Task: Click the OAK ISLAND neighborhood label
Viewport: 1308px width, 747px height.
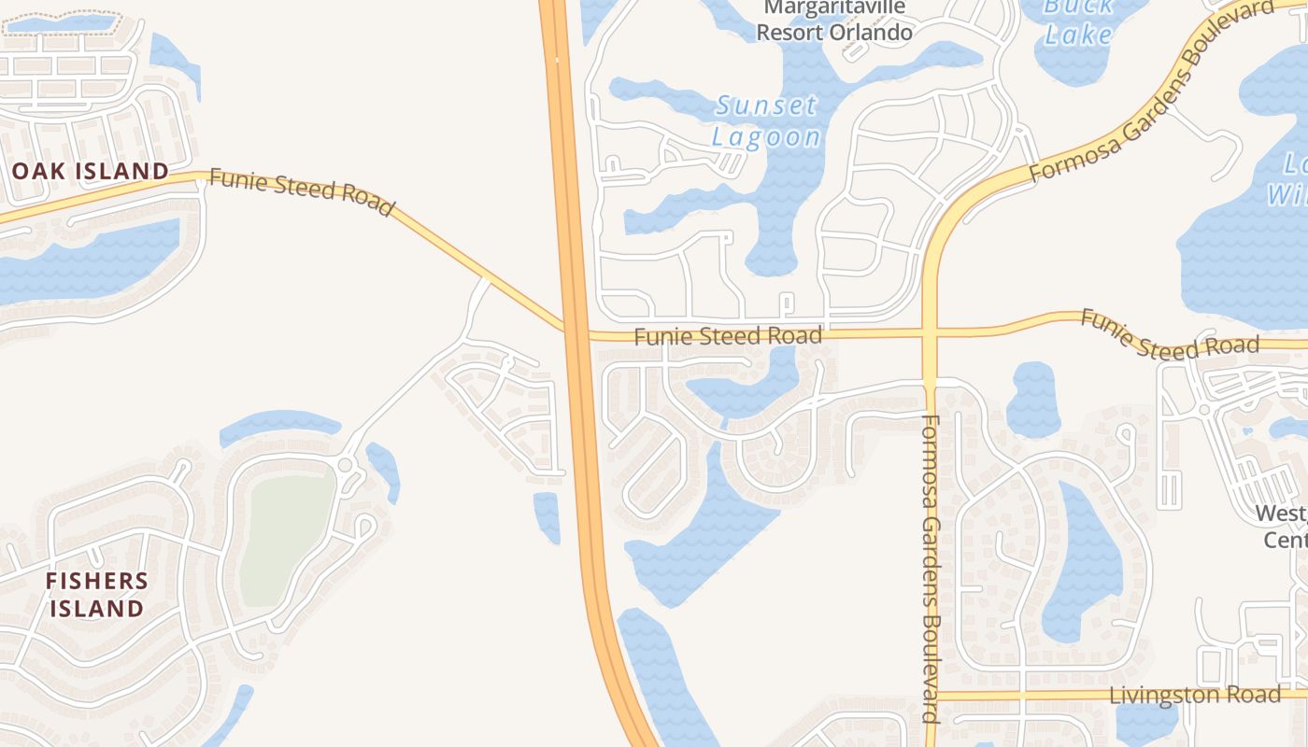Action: [x=90, y=171]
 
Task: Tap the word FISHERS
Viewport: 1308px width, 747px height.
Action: [x=97, y=581]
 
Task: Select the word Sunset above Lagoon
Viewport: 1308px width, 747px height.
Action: [x=767, y=106]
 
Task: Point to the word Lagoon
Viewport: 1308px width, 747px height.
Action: [x=766, y=137]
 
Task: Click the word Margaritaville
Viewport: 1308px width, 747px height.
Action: [x=834, y=8]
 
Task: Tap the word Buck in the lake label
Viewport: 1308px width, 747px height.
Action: [x=1078, y=7]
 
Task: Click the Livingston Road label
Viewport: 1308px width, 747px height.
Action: [x=1195, y=696]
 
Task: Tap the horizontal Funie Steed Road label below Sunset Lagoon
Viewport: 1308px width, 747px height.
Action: [x=728, y=336]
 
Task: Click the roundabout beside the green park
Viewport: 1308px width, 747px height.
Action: [x=346, y=464]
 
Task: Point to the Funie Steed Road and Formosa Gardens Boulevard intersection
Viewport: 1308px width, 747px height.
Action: [x=930, y=333]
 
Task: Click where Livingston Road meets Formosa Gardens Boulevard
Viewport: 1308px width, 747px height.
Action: [x=931, y=696]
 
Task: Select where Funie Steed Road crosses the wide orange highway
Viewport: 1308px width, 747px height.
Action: [x=576, y=332]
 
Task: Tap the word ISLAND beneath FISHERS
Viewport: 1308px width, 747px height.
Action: [x=97, y=610]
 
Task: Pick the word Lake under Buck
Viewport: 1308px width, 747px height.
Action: [x=1078, y=35]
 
